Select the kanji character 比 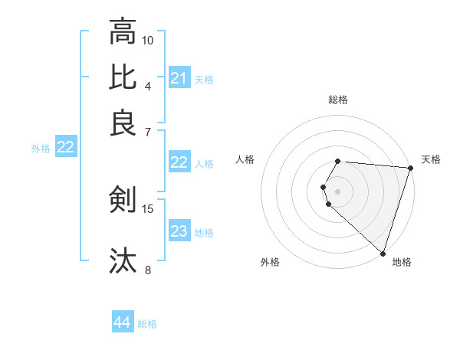tap(123, 76)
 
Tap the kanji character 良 tap(123, 123)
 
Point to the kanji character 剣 tap(123, 199)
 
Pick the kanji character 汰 tap(123, 260)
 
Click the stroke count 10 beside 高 tap(148, 40)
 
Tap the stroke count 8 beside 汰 tap(148, 270)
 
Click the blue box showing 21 tap(179, 78)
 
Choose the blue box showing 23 tap(179, 231)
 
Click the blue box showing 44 tap(123, 323)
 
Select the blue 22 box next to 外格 tap(65, 148)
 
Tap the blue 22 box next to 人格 tap(179, 162)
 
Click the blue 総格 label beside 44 tap(147, 324)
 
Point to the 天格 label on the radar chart tap(431, 159)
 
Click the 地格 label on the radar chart tap(402, 262)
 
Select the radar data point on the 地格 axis tap(383, 253)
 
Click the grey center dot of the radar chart tap(337, 191)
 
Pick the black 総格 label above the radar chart tap(338, 100)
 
